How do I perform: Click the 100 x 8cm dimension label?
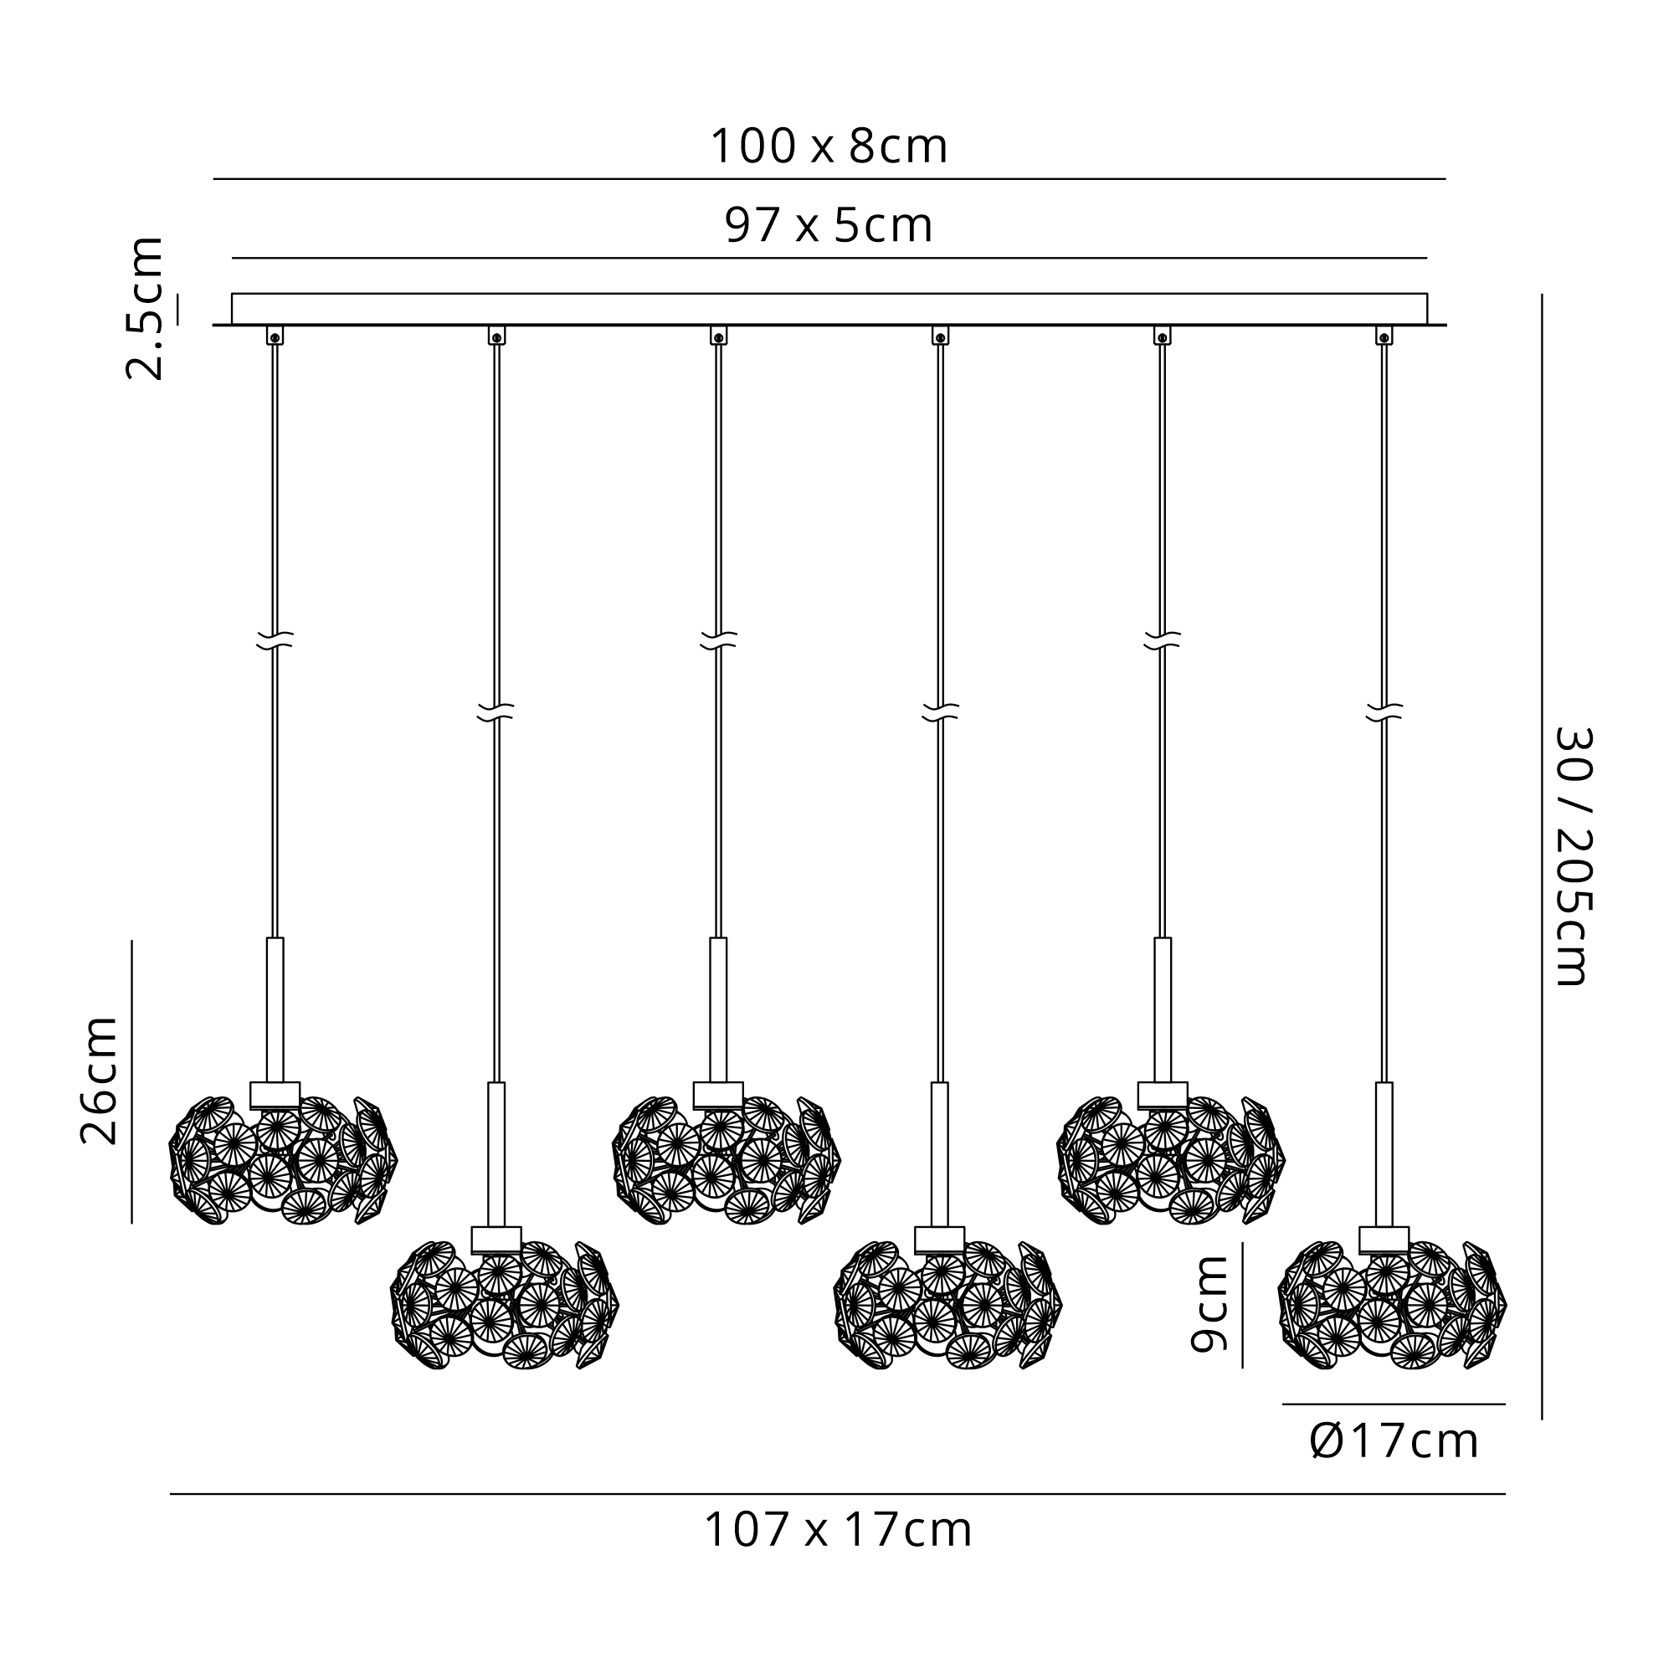pos(829,146)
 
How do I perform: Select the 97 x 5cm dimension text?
pos(829,225)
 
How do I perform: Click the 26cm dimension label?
pos(99,1081)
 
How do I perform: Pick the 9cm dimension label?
pos(1209,1304)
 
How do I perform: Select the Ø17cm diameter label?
pos(1394,1441)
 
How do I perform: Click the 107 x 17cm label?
pos(838,1530)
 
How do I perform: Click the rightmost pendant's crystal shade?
pos(1393,1305)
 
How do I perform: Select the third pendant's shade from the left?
pos(726,1160)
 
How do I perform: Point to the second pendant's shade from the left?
pos(504,1305)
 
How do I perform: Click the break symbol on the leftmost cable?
pos(275,640)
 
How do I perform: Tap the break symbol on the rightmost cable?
pos(1384,712)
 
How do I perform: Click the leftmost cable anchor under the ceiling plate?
pos(275,336)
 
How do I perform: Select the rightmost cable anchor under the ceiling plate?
pos(1384,336)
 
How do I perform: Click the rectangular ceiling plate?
pos(829,309)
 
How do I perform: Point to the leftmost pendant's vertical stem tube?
pos(275,1009)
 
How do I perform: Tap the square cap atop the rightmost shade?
pos(1384,1240)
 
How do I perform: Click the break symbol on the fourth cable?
pos(941,712)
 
